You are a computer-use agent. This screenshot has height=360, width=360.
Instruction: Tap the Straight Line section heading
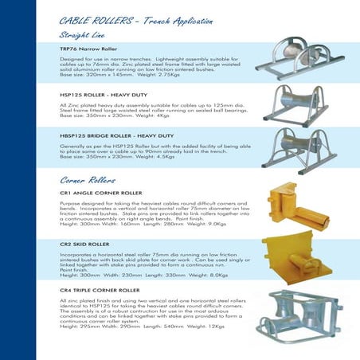85,36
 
